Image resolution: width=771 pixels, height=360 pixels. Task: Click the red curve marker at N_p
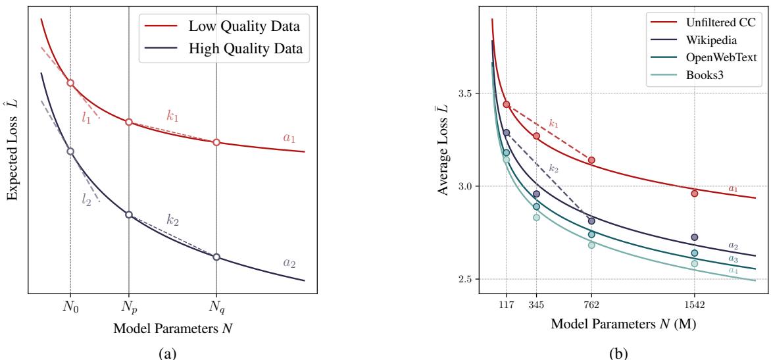pos(129,122)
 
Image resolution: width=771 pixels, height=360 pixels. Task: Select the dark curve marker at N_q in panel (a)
pos(216,257)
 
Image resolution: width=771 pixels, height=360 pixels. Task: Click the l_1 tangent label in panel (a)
pos(87,118)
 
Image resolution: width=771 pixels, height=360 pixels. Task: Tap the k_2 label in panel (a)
pos(173,220)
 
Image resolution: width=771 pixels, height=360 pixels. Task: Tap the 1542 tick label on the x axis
pos(695,305)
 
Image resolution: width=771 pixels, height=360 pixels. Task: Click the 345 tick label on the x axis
pos(536,305)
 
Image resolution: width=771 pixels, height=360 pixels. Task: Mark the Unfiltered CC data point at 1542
pos(695,193)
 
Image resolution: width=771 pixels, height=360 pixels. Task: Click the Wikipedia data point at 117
pos(506,132)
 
